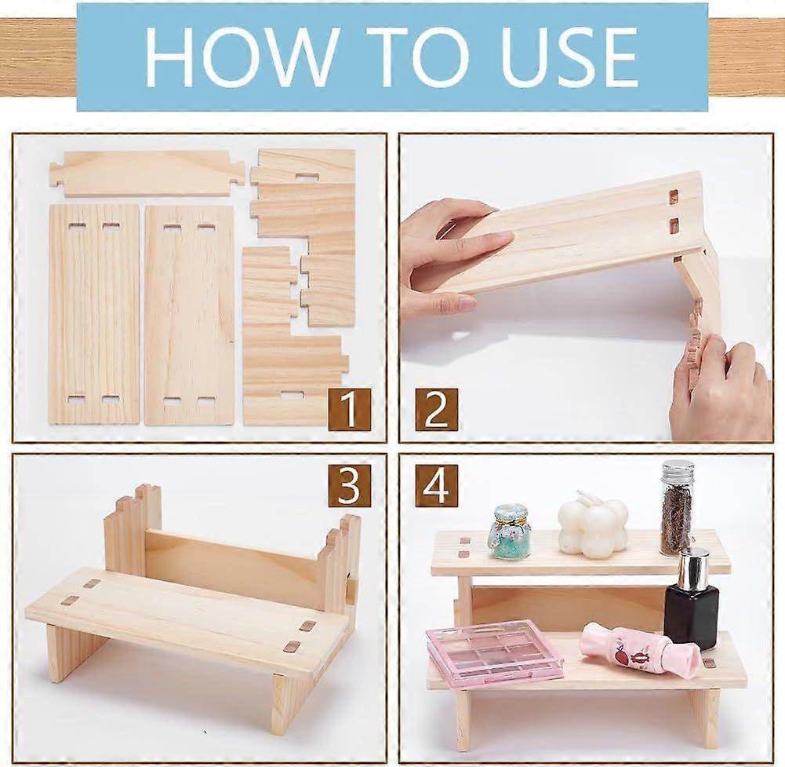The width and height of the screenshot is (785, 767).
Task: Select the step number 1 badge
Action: pos(350,409)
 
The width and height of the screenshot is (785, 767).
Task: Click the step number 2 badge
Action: pos(436,409)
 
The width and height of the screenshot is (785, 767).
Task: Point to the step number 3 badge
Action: pos(350,486)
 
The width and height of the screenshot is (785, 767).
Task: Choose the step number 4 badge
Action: pos(436,486)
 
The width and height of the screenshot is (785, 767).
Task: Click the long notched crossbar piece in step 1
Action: pos(147,173)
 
